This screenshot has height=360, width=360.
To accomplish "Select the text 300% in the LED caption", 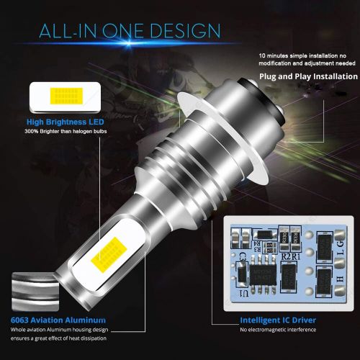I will pos(32,132).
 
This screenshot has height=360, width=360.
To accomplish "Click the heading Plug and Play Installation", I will pos(309,76).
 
